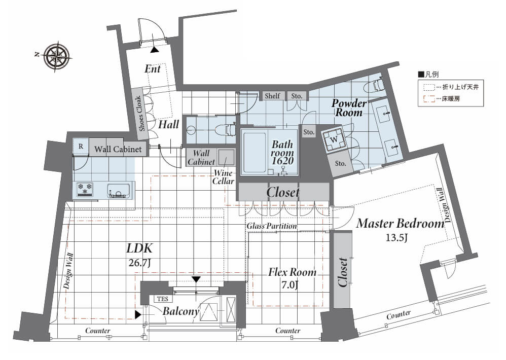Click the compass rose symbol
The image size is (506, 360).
click(57, 57)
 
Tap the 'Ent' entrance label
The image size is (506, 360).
click(152, 69)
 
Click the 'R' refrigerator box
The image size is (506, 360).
click(81, 147)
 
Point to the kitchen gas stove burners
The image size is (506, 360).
click(85, 189)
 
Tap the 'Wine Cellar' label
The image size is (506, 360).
click(223, 177)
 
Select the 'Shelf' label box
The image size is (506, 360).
click(272, 96)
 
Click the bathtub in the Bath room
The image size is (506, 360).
click(255, 153)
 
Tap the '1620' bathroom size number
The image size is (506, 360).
click(282, 161)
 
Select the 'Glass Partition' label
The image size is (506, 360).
click(272, 226)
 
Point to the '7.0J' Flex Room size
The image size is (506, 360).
click(290, 285)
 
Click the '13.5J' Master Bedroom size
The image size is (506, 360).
click(396, 238)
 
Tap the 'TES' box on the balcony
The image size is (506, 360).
click(163, 299)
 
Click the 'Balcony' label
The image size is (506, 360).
click(181, 311)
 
